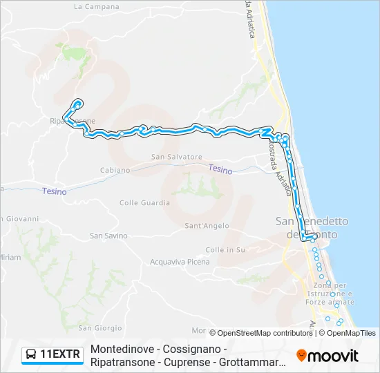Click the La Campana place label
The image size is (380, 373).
coord(97,6)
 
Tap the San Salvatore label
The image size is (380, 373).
coord(177,157)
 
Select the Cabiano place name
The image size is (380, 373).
coord(115,170)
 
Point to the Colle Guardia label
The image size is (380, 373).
coord(144,203)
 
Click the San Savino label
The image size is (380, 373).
coord(109,236)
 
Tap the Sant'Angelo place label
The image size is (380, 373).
coord(207,226)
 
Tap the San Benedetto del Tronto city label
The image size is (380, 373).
coord(312,228)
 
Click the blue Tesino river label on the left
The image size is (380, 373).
coord(55,191)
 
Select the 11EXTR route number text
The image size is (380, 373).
coord(61,355)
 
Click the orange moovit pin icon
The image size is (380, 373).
coord(301,356)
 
